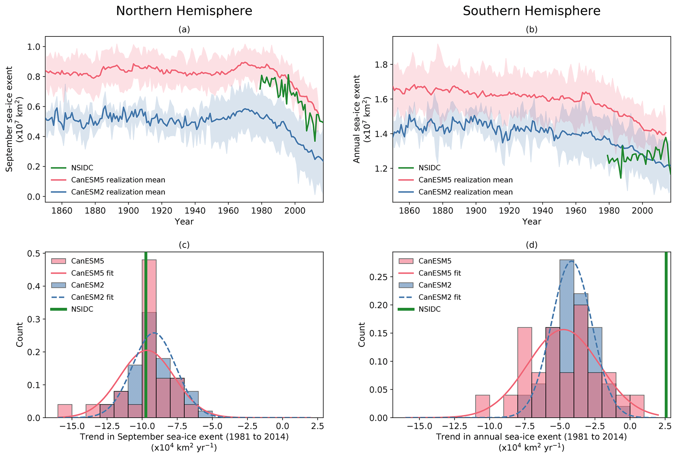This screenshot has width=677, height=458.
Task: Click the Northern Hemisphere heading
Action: tap(184, 11)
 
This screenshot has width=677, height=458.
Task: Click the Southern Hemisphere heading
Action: tap(531, 11)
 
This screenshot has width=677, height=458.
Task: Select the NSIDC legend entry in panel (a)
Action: tap(82, 168)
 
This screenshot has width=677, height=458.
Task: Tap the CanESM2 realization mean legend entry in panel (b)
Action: tap(465, 192)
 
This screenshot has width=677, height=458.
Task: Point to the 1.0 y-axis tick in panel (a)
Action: tap(33, 47)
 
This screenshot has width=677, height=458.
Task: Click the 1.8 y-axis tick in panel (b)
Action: tap(381, 65)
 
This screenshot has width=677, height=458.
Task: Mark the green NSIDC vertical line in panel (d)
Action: tap(666, 334)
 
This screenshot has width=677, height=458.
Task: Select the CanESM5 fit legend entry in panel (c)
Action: tap(92, 273)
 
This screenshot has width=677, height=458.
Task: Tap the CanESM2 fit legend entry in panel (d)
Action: tap(440, 297)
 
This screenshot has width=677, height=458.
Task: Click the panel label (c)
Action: tap(184, 245)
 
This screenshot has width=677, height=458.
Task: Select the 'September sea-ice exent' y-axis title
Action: tap(9, 119)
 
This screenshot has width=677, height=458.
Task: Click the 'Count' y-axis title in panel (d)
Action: tap(362, 334)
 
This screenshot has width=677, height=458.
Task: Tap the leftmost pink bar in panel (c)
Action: tap(65, 411)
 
